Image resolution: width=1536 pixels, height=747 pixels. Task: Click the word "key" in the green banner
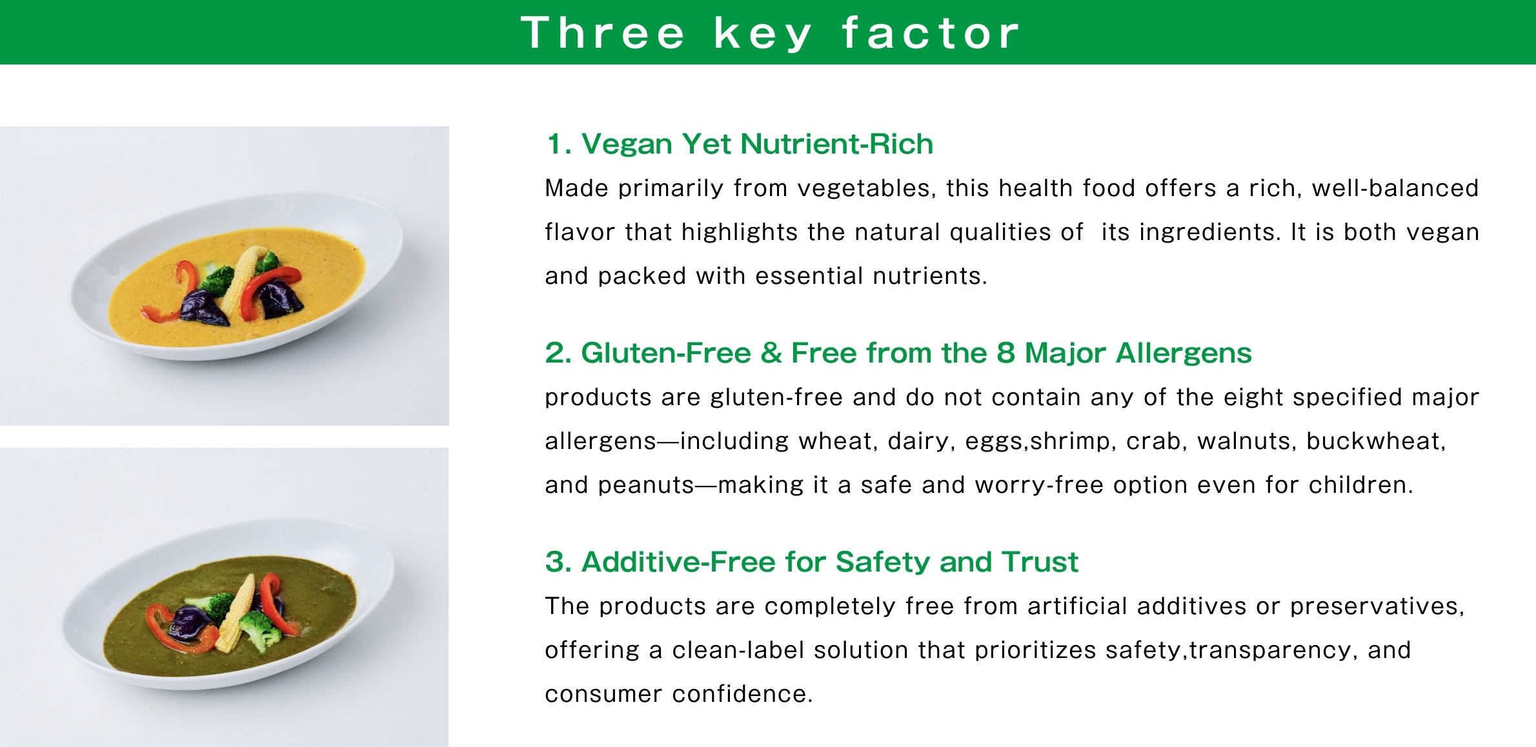[x=762, y=34]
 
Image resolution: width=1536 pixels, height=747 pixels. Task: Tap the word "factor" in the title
[x=930, y=32]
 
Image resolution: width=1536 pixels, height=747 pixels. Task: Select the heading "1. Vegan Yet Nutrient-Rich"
[x=740, y=144]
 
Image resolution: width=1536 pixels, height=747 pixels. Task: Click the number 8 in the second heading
[x=1005, y=353]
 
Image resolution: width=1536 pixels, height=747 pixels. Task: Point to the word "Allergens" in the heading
[x=1184, y=354]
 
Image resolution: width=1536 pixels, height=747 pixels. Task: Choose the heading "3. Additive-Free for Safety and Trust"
[x=812, y=562]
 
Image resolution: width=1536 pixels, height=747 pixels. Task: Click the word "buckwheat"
[x=1376, y=441]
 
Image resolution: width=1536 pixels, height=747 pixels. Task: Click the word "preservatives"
[x=1377, y=606]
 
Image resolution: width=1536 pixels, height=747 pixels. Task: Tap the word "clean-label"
[x=738, y=650]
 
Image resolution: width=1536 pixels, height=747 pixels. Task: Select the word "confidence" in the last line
[x=742, y=694]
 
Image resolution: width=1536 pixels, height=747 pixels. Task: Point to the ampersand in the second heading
[x=771, y=353]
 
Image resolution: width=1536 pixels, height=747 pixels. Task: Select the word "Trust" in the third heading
[x=1040, y=562]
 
